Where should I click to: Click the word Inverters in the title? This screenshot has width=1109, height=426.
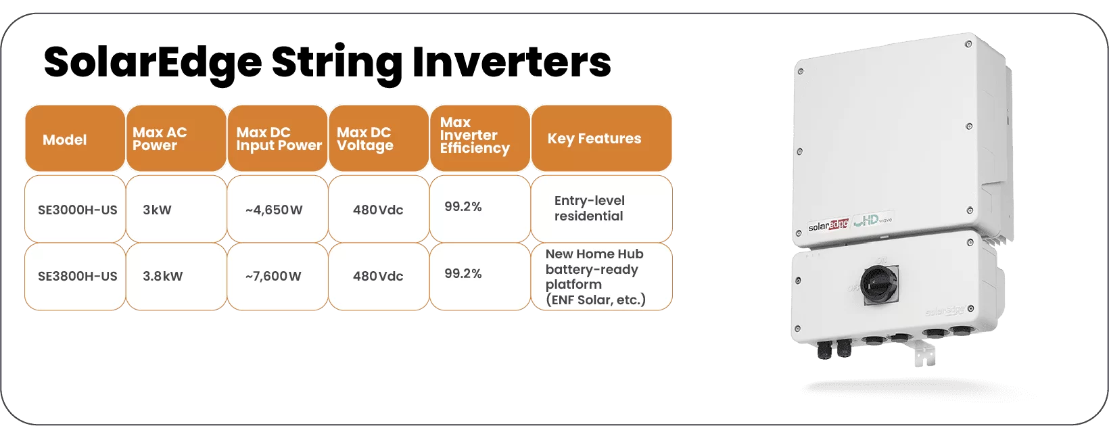(511, 62)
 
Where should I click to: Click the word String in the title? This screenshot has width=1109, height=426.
(337, 64)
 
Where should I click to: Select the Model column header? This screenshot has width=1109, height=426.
(75, 138)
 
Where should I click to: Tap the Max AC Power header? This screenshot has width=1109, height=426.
(176, 138)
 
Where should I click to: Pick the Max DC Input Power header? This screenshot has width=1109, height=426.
(277, 138)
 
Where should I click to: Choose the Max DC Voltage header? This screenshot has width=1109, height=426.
(379, 138)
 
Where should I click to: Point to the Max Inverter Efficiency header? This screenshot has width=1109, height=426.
(479, 138)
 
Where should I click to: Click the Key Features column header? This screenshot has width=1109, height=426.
(602, 138)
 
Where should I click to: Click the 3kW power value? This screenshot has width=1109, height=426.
(157, 210)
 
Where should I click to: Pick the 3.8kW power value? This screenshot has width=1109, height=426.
(162, 276)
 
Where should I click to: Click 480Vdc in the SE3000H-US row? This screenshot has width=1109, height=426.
(378, 210)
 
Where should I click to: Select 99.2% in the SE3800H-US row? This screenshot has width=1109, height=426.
(463, 273)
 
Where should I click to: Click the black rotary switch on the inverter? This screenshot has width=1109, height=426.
(880, 285)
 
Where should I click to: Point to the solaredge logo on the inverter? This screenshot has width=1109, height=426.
(828, 225)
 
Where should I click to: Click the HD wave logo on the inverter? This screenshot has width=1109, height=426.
(873, 220)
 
